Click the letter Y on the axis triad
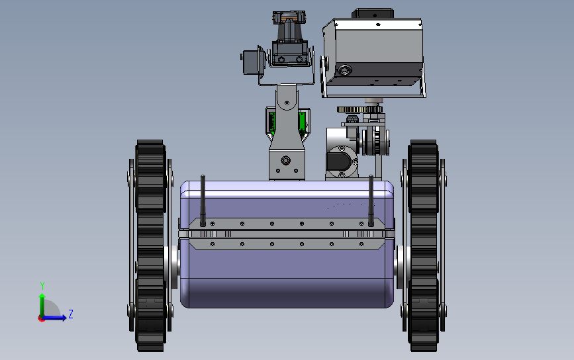(x=42, y=286)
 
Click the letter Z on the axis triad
(x=71, y=314)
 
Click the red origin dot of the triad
(x=41, y=318)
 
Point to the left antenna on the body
(x=203, y=199)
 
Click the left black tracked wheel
(x=150, y=245)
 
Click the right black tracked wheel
(x=423, y=245)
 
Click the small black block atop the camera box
(x=373, y=14)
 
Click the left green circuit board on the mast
(x=271, y=123)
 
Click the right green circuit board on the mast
(x=302, y=123)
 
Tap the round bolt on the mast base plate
(x=286, y=160)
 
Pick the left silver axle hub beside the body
(x=173, y=263)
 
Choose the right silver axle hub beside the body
(x=400, y=263)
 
